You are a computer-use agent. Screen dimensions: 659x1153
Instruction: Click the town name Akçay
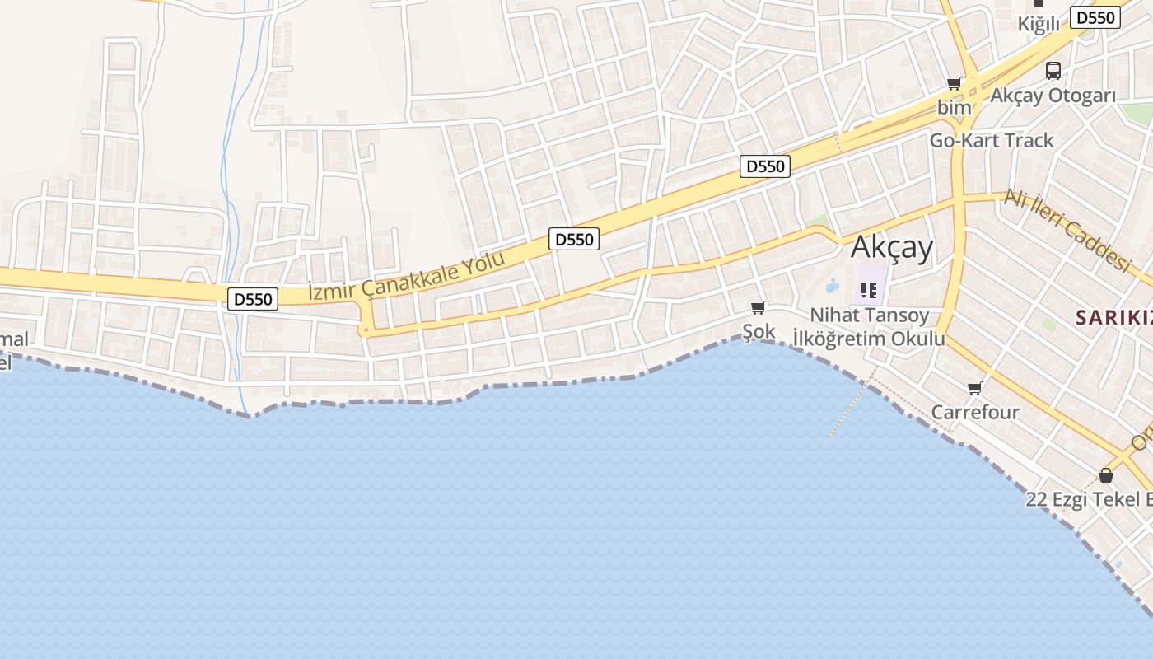892,247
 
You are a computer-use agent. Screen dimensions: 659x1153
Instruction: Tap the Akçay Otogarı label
1053,96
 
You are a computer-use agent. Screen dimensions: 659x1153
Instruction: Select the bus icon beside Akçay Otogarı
1053,71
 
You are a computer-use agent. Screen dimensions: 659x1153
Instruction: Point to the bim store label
954,107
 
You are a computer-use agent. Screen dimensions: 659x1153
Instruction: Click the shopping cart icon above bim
955,83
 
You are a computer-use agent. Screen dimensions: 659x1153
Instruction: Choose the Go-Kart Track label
992,140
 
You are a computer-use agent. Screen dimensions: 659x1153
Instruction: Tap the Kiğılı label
1039,24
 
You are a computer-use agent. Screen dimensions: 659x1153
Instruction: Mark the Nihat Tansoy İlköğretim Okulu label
869,327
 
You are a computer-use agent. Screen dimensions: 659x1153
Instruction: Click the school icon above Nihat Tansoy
869,290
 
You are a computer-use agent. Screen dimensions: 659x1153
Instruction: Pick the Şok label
759,331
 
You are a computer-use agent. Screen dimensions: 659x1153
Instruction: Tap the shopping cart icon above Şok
759,308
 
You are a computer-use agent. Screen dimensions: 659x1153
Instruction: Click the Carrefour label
975,412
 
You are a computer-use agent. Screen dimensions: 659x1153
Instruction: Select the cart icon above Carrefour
975,388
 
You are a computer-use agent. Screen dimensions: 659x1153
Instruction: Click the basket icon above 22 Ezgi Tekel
1106,475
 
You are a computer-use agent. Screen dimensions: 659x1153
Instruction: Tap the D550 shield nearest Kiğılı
1095,17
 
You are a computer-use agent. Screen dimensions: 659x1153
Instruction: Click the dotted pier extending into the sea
851,408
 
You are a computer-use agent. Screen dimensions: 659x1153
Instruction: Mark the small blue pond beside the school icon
832,286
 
